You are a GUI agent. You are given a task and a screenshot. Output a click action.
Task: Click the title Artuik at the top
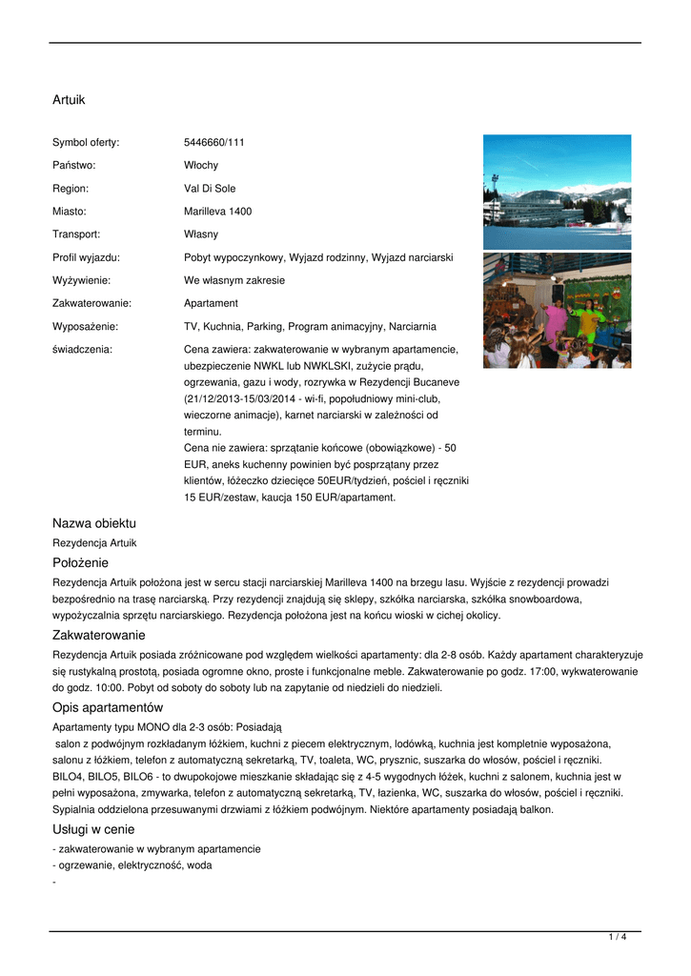click(69, 99)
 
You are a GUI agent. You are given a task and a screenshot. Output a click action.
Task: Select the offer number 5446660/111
click(214, 143)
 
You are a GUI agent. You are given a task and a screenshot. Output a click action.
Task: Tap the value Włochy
click(201, 166)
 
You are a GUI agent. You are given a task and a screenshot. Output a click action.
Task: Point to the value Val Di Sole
click(210, 189)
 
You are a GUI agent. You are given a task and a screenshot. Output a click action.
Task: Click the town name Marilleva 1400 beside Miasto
click(217, 212)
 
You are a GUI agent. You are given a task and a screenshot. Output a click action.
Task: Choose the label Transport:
click(76, 234)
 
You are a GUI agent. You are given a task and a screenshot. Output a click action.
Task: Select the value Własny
click(201, 234)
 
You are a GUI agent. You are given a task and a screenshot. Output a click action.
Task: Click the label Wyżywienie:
click(81, 280)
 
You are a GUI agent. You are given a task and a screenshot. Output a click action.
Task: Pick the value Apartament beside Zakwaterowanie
click(211, 303)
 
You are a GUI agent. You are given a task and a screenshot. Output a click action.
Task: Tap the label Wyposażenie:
click(85, 326)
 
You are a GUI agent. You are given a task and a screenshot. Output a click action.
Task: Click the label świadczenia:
click(82, 349)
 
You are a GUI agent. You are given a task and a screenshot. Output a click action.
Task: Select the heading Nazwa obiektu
click(94, 523)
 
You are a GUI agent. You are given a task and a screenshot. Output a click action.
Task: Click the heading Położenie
click(80, 563)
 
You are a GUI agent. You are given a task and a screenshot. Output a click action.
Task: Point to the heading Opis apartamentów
click(108, 708)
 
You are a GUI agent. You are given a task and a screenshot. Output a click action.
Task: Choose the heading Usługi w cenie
click(93, 829)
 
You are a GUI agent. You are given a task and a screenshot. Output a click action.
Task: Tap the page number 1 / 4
click(618, 938)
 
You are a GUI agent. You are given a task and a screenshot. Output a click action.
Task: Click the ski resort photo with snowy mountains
click(557, 192)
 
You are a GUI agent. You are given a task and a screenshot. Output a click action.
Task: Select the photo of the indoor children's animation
click(557, 311)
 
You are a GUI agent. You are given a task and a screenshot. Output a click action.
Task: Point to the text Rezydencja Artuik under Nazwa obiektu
click(94, 542)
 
